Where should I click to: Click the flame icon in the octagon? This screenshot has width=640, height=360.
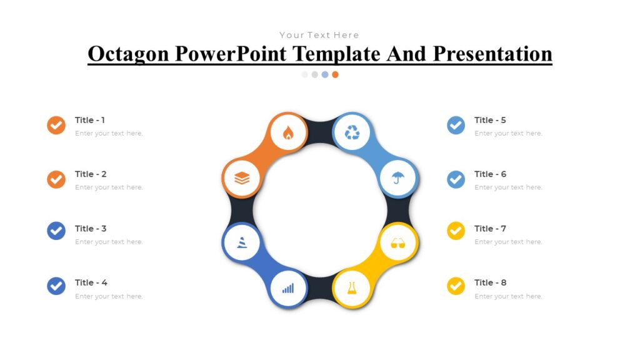(288, 132)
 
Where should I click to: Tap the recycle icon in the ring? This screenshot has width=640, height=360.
(352, 132)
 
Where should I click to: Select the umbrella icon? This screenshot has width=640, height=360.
(398, 179)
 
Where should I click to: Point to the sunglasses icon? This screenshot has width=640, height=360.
(398, 242)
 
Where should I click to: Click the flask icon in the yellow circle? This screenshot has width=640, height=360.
(352, 288)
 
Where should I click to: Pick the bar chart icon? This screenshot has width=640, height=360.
(288, 288)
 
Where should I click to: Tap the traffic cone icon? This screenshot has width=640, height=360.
(242, 242)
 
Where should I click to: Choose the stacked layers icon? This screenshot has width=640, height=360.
(242, 179)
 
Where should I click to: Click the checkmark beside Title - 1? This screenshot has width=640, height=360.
(56, 125)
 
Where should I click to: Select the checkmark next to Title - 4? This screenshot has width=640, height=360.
(56, 286)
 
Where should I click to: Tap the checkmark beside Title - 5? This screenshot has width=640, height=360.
(456, 125)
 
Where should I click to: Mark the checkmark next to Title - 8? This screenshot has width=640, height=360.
(456, 286)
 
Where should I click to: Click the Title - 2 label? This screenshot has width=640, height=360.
(91, 174)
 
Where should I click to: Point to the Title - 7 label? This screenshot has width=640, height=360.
(490, 229)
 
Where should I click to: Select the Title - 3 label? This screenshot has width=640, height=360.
(91, 229)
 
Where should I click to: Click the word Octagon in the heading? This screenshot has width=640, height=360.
(128, 54)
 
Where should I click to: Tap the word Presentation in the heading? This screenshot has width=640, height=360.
(492, 54)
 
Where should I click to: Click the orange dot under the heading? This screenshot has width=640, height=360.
(335, 74)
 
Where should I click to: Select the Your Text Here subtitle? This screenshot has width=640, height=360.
(319, 35)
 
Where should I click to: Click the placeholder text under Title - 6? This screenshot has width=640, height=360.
(508, 187)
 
